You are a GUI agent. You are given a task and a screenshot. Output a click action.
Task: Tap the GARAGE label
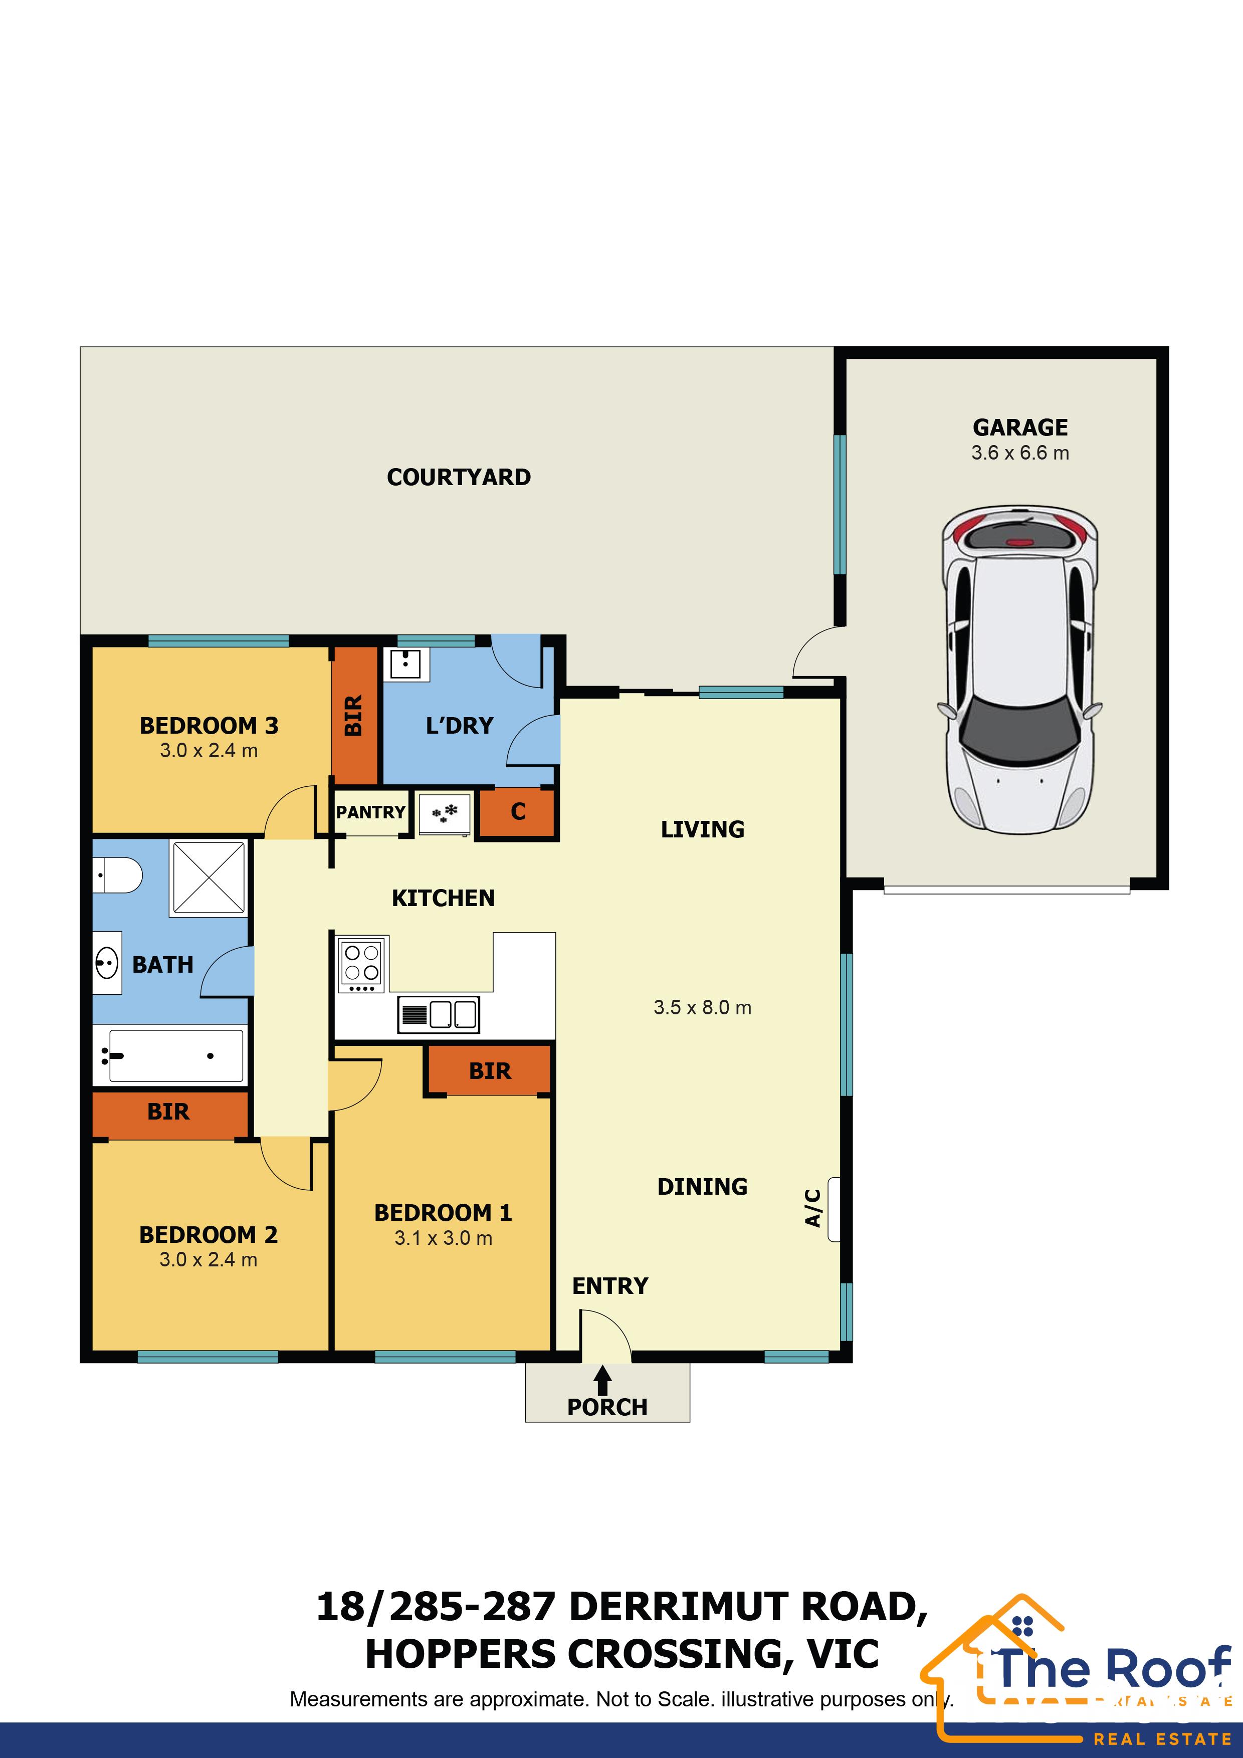pos(1020,427)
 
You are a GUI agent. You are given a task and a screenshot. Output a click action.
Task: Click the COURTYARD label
pos(458,477)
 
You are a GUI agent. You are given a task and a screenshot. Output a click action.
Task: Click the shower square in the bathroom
pos(209,877)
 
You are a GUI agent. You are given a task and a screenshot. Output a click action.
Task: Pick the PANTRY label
pos(371,812)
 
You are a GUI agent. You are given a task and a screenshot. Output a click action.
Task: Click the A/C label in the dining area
pos(813,1208)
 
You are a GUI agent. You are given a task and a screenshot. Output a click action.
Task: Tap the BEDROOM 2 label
pos(209,1235)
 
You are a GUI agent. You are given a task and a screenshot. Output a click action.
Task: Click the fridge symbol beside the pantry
pos(444,814)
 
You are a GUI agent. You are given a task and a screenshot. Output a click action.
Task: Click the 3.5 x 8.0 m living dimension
pos(702,1008)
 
